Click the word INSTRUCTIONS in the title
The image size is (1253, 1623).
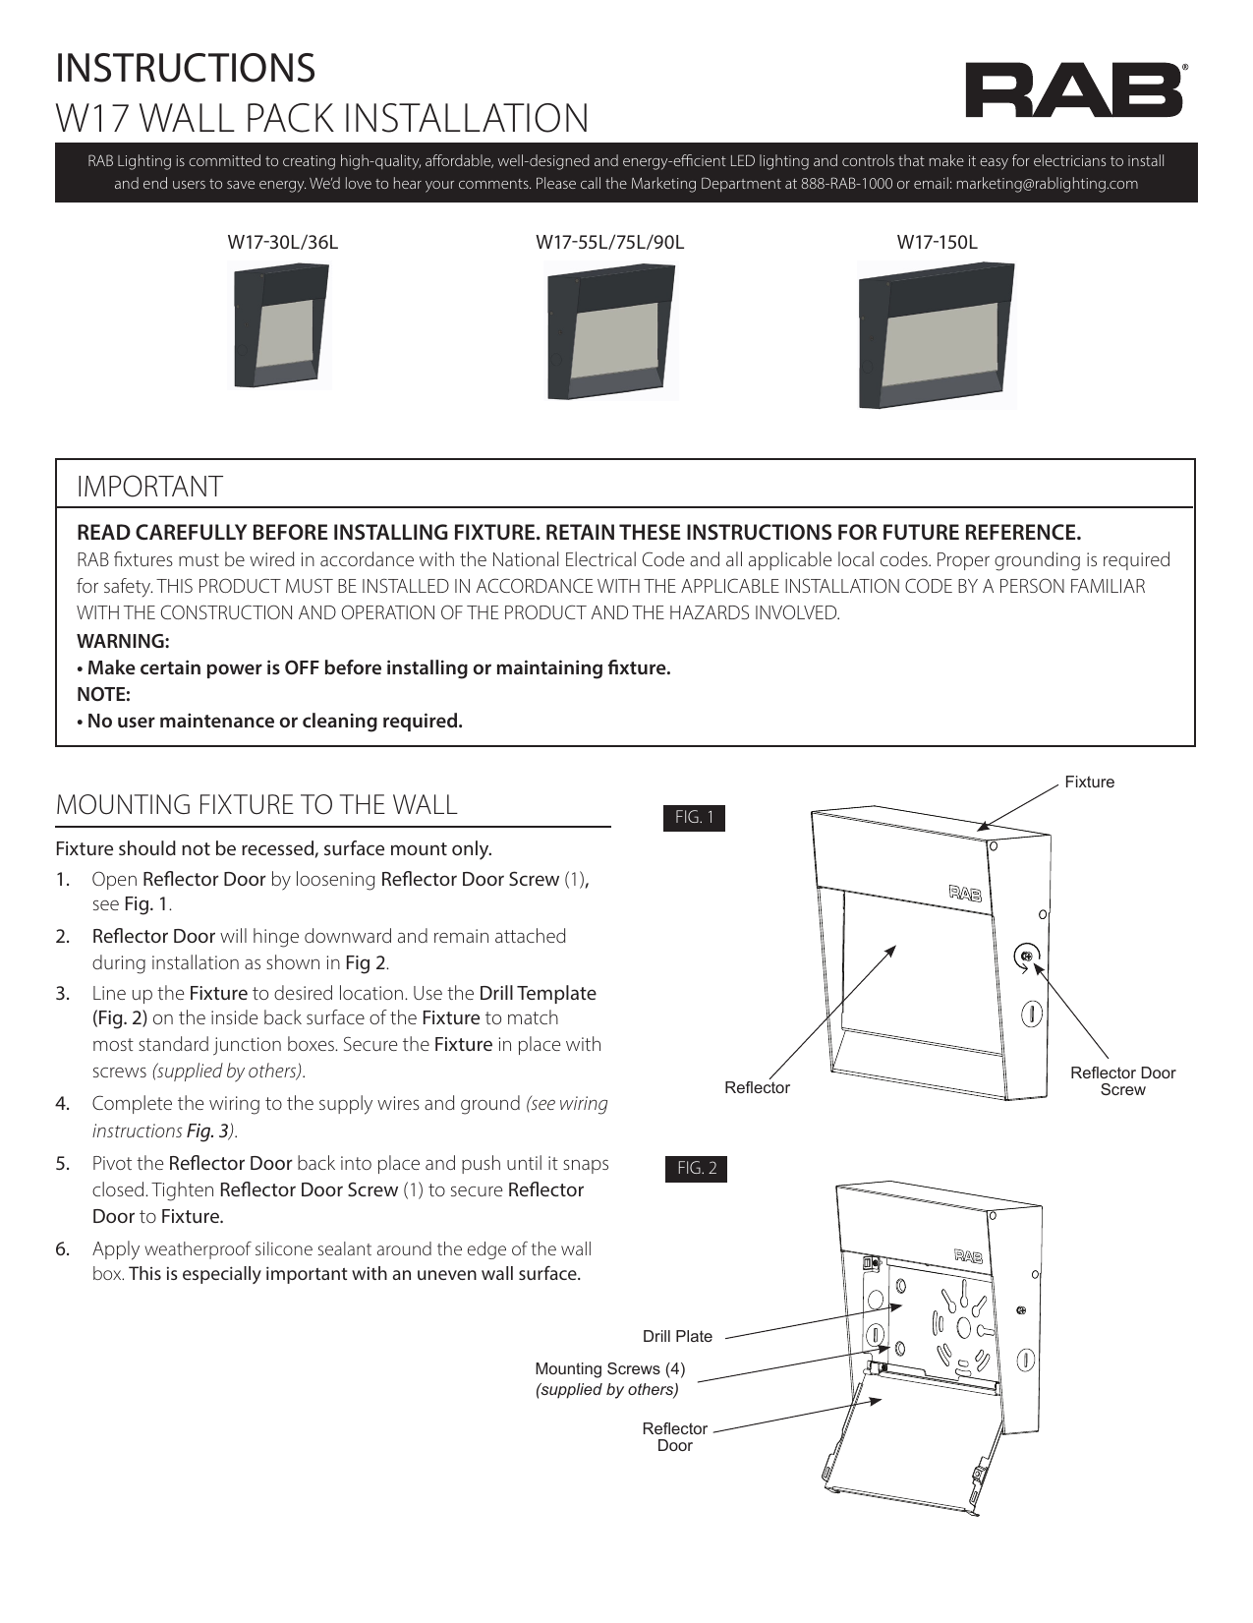(186, 68)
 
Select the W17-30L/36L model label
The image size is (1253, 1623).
(283, 242)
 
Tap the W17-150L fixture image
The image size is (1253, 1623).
(937, 335)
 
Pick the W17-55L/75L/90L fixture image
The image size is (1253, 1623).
(610, 335)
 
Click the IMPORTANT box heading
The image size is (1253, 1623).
(150, 487)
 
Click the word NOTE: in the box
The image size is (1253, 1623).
(104, 694)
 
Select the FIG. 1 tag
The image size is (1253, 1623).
(695, 818)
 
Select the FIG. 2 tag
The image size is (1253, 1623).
(697, 1169)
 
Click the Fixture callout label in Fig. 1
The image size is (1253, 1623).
(1090, 783)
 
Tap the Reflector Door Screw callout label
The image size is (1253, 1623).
(1122, 1081)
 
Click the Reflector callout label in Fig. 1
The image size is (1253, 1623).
(757, 1088)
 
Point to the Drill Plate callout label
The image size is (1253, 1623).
(677, 1337)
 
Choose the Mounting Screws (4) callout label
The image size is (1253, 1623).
(609, 1369)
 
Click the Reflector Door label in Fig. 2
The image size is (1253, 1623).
(674, 1437)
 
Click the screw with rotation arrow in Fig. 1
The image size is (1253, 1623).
(1026, 956)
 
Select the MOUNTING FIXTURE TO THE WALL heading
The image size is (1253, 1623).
(256, 805)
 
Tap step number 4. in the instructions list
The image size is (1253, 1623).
(62, 1104)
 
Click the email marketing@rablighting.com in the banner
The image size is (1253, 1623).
(1047, 184)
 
